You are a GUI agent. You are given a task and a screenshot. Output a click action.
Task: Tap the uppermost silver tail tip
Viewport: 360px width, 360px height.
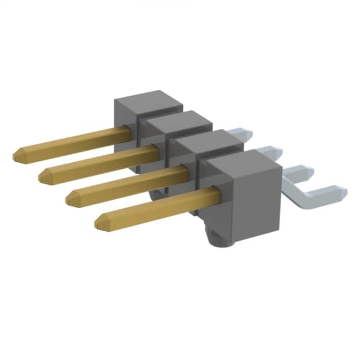(x=248, y=134)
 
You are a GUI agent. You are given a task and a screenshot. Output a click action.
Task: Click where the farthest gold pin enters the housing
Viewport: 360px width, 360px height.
(x=130, y=131)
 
